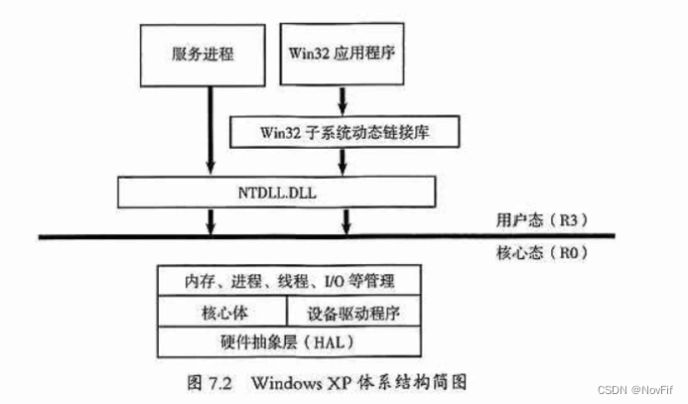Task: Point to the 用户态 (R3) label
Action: click(x=537, y=219)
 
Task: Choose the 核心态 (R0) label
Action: click(x=537, y=253)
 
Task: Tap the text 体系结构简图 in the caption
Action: click(x=421, y=381)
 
